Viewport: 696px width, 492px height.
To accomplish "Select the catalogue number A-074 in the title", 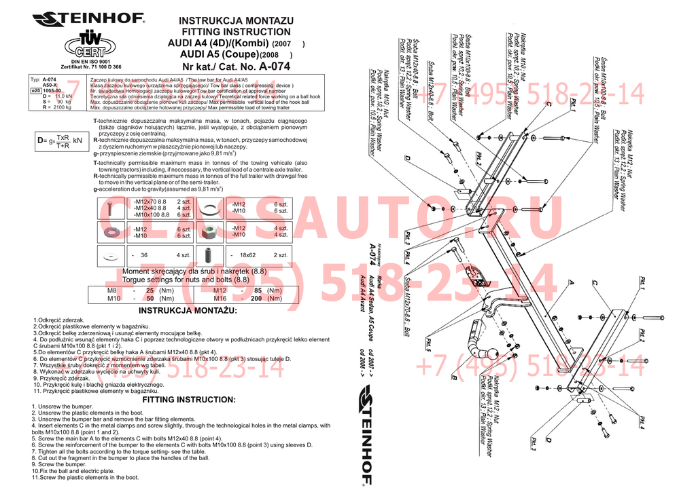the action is [275, 67].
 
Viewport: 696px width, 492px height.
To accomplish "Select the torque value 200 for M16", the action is [256, 298].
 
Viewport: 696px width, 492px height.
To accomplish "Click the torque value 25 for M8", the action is [150, 290].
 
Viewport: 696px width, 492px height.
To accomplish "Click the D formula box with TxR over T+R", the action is [61, 140].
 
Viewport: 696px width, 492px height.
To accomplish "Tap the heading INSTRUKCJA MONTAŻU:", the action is [188, 311].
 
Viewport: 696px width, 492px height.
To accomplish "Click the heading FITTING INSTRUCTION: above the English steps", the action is [188, 400].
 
